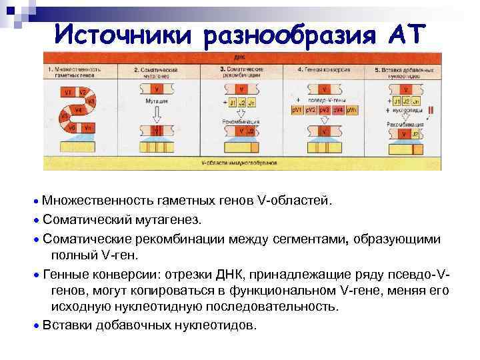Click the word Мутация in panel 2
tap(157, 100)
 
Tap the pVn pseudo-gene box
tap(353, 109)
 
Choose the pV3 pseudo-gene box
tap(325, 109)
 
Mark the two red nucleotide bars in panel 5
tap(431, 110)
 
